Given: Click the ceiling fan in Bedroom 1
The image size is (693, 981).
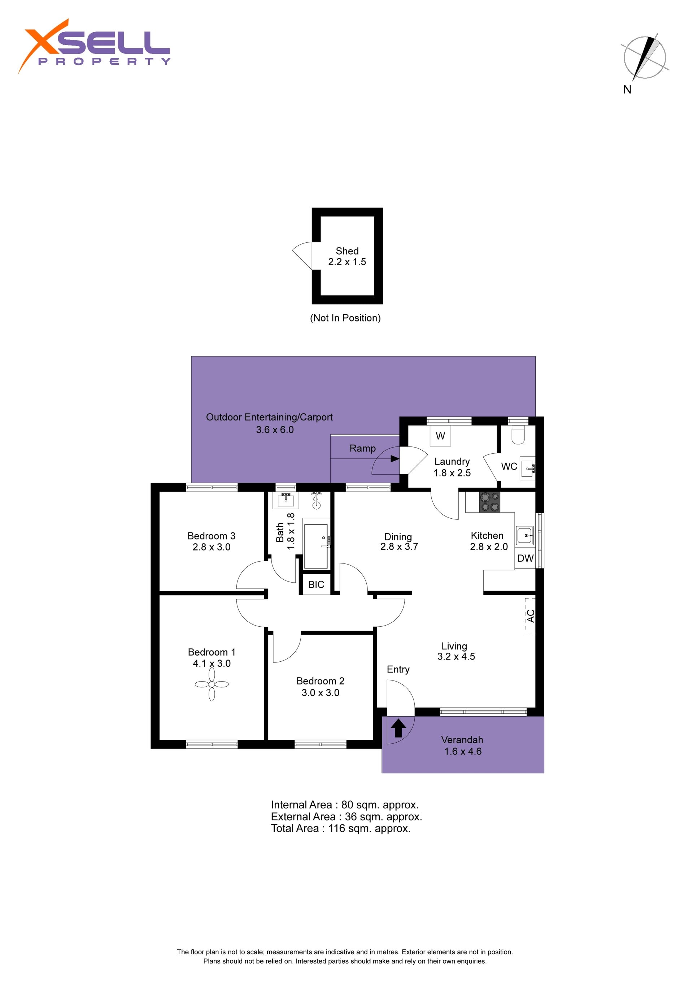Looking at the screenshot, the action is (212, 684).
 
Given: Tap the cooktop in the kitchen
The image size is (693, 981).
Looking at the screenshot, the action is (489, 502).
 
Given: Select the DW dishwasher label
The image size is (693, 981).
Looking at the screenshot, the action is (525, 558).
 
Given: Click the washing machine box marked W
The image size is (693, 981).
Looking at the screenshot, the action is (440, 436).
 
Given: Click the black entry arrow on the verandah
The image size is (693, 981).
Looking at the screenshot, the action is (398, 728).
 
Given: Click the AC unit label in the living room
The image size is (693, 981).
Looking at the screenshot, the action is (530, 616).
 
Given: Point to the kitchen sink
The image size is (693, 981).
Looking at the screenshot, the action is (524, 535).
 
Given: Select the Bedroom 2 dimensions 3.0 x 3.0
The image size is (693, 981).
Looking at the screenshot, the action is (320, 693).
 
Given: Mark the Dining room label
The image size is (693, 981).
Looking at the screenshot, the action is (398, 537).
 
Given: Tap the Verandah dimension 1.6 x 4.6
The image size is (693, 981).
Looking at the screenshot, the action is (463, 751).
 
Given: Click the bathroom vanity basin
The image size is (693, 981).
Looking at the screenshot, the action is (286, 500).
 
